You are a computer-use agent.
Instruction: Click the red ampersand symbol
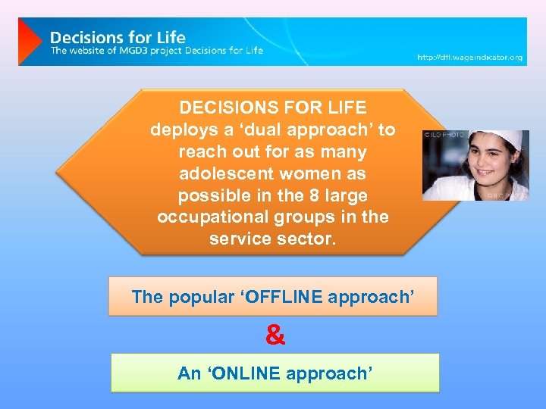pos(275,336)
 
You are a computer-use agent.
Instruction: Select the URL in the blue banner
pos(469,58)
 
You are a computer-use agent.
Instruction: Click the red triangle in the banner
pos(30,42)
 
